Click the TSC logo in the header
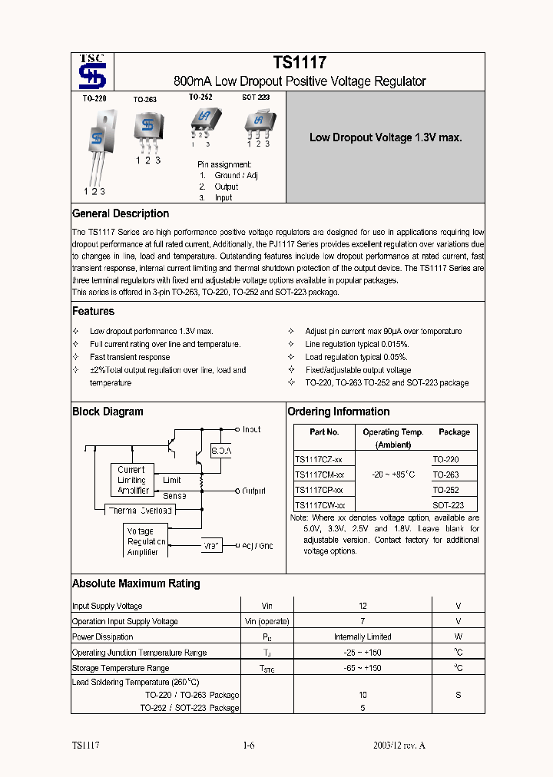click(93, 72)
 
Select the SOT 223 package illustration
click(258, 121)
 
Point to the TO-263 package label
click(146, 100)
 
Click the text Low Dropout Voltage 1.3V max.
click(385, 137)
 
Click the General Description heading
click(121, 213)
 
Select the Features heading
click(93, 311)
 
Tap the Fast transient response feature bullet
click(130, 357)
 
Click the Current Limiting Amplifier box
click(131, 480)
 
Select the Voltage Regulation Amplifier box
click(144, 541)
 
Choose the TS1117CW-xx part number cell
click(320, 505)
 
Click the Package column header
click(454, 432)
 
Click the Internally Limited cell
click(363, 636)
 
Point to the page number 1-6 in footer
click(248, 746)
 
